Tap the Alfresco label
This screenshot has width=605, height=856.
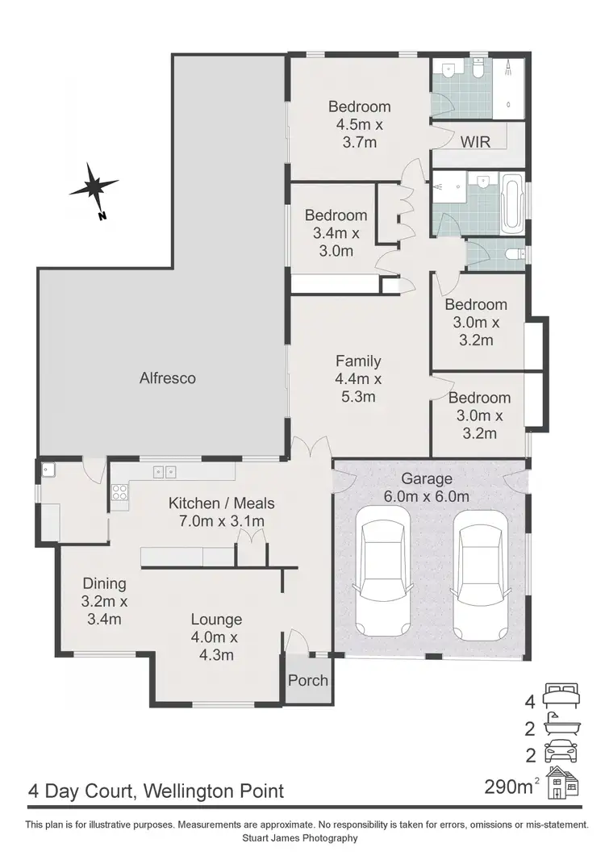(x=168, y=378)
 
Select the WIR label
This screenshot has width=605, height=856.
(x=476, y=142)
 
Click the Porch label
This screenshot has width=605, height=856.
(x=308, y=680)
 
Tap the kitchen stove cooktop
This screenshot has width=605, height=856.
(x=119, y=493)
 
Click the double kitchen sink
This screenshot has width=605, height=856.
(x=165, y=472)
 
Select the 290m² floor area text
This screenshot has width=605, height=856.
(x=511, y=786)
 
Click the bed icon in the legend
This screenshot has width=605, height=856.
(x=561, y=694)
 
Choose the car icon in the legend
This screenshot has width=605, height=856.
(x=561, y=754)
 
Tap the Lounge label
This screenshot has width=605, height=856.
(x=216, y=620)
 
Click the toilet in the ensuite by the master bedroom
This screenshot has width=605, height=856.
(x=478, y=72)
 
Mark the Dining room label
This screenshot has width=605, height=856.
(x=105, y=583)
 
